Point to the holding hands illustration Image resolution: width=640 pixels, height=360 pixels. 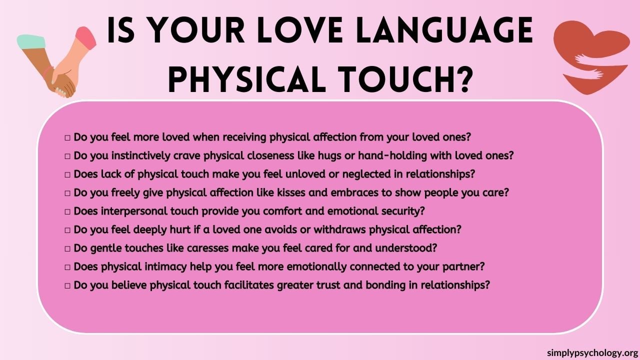[58, 62]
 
